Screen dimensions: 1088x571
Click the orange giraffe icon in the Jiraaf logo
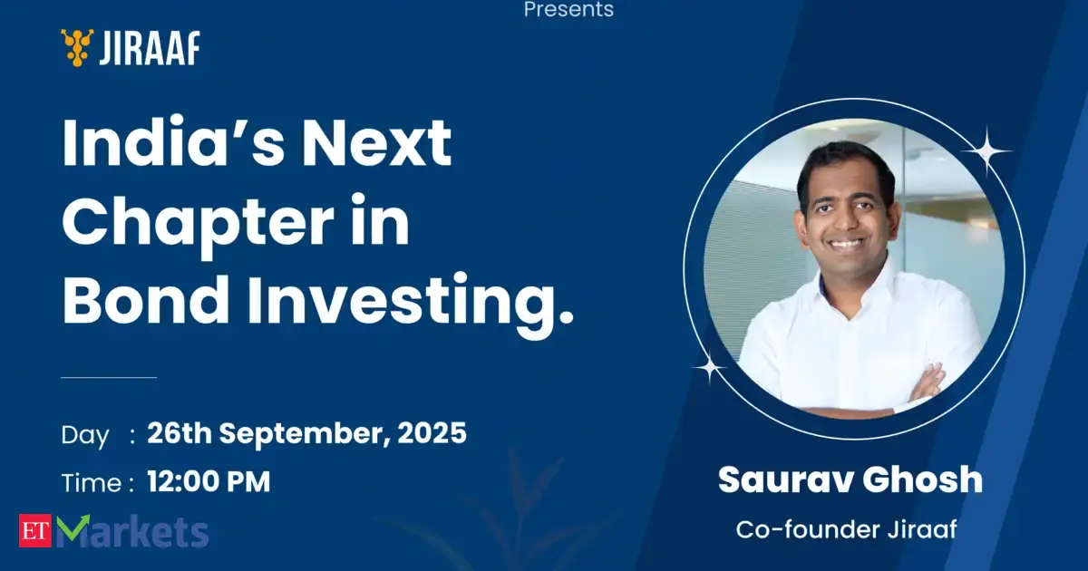pos(77,47)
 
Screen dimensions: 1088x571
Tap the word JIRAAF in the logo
pos(150,48)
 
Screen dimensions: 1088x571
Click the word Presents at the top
pos(568,9)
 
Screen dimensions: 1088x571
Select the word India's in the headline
pos(173,142)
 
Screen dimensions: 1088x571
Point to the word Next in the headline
pos(377,143)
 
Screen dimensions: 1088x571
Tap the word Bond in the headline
pos(146,299)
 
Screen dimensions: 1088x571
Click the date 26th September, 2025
pos(307,432)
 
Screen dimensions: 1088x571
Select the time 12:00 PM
pos(209,481)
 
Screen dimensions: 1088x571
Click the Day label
pos(85,436)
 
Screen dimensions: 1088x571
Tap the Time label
pos(91,483)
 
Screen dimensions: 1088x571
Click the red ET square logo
pos(35,530)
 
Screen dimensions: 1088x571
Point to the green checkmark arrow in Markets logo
pos(73,527)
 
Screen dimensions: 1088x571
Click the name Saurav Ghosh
pos(850,479)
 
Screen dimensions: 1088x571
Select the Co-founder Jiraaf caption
pos(847,529)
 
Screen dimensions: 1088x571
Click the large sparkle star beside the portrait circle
pos(987,151)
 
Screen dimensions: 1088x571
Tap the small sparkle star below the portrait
pos(710,367)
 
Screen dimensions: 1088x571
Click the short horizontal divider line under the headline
pos(109,377)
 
